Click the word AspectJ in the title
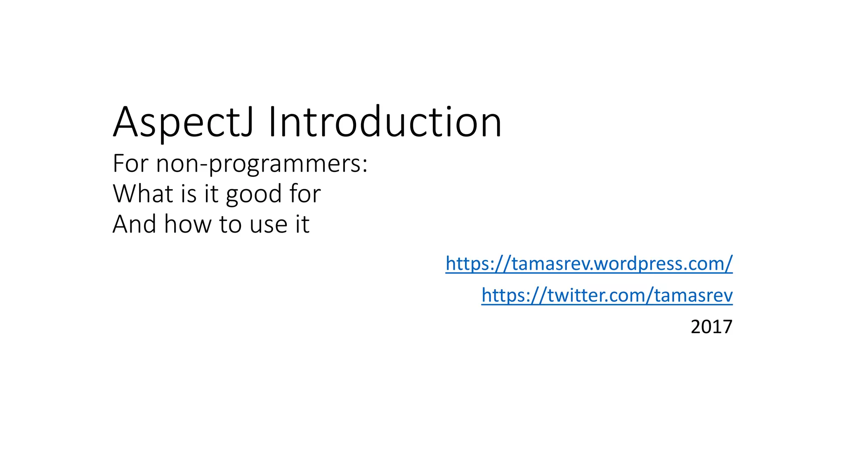(183, 122)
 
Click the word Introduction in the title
(385, 122)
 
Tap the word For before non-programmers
(130, 164)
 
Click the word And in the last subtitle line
(135, 224)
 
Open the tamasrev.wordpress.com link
(589, 263)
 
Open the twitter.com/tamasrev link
(607, 295)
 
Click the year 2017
(711, 327)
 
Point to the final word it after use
(302, 224)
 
